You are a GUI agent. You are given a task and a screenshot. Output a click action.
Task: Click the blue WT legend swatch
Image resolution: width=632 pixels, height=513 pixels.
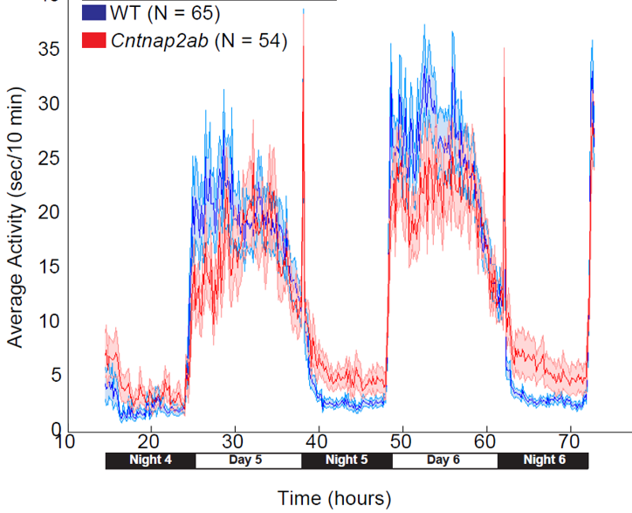[93, 13]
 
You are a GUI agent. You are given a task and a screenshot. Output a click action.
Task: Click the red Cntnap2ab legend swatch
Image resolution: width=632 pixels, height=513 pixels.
[93, 41]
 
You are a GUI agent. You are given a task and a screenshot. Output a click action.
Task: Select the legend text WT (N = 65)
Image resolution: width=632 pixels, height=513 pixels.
[166, 14]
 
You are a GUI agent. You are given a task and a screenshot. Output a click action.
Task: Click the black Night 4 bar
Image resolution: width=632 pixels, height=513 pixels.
[150, 461]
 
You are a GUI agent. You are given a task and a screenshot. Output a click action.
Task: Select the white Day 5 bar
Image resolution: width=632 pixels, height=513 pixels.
[248, 461]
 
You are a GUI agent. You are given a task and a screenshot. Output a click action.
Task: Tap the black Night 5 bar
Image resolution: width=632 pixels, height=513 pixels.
[347, 461]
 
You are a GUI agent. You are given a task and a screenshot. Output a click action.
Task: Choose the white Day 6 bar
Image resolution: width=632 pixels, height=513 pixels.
[444, 461]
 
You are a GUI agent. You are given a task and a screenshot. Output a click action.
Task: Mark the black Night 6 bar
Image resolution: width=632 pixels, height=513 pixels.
[543, 461]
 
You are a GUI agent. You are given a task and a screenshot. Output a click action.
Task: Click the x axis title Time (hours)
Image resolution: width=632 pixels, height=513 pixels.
[334, 498]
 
